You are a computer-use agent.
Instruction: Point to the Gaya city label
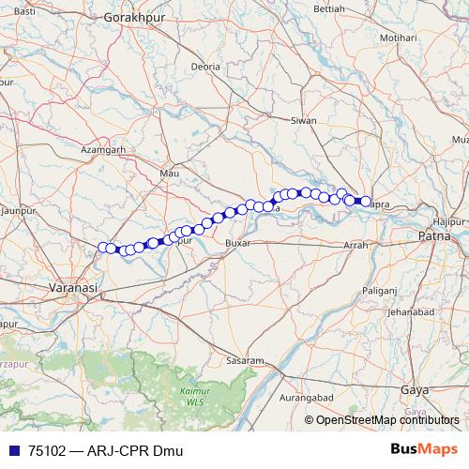pyautogui.click(x=413, y=388)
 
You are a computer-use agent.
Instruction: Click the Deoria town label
pyautogui.click(x=205, y=68)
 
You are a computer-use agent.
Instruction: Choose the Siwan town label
pyautogui.click(x=303, y=121)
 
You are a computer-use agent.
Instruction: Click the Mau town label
pyautogui.click(x=170, y=174)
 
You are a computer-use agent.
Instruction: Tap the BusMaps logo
pyautogui.click(x=425, y=449)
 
